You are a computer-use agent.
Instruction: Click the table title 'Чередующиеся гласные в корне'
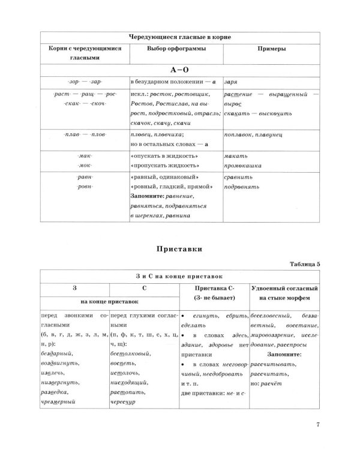179,37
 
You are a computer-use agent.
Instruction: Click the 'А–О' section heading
179,69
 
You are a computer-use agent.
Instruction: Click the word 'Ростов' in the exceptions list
142,104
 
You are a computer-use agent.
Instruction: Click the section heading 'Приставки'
179,247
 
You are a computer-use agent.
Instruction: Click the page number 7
318,427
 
